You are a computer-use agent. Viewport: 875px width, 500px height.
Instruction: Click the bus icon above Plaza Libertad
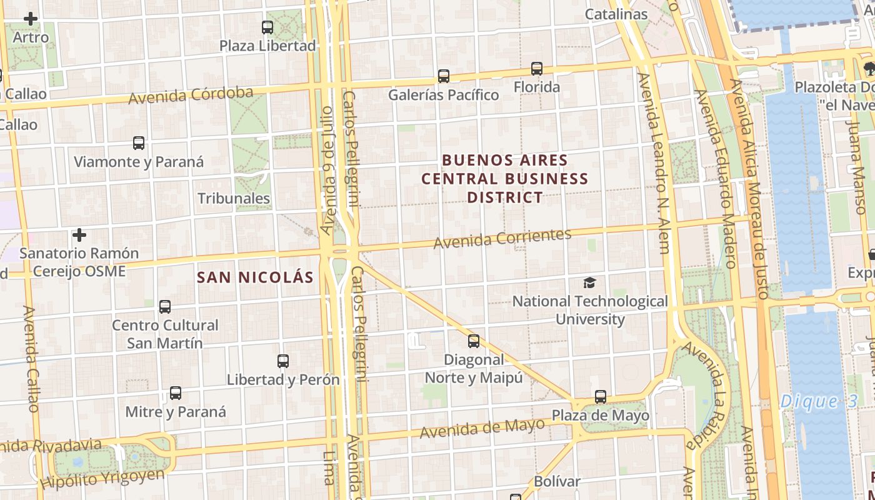(267, 27)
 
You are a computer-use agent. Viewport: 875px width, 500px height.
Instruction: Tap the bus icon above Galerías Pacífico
(444, 76)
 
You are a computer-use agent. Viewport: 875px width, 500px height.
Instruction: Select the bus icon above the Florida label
(537, 69)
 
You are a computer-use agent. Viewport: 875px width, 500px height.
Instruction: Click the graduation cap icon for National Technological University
(589, 283)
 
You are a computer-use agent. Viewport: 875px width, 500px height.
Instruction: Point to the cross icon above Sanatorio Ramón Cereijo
(79, 236)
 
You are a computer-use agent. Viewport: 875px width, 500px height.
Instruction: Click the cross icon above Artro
(31, 19)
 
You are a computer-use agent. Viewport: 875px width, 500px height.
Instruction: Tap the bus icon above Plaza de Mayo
(601, 397)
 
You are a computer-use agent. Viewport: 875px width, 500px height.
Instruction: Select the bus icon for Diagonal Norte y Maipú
(474, 341)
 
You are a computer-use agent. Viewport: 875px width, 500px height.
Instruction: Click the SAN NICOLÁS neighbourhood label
(255, 277)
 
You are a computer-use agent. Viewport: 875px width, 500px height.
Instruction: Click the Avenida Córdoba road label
(191, 96)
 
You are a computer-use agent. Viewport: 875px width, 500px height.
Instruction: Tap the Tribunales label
(234, 199)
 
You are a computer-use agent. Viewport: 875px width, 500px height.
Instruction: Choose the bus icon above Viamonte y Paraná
(139, 143)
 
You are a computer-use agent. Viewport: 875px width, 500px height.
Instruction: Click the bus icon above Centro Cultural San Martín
(165, 307)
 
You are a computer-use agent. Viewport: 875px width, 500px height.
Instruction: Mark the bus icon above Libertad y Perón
(283, 361)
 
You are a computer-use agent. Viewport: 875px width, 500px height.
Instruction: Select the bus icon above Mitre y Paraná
(176, 394)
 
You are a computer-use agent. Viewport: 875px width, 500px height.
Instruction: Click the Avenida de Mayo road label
(482, 428)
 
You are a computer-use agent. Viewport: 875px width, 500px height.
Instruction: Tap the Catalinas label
(616, 14)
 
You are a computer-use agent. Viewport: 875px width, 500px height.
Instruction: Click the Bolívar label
(557, 482)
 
